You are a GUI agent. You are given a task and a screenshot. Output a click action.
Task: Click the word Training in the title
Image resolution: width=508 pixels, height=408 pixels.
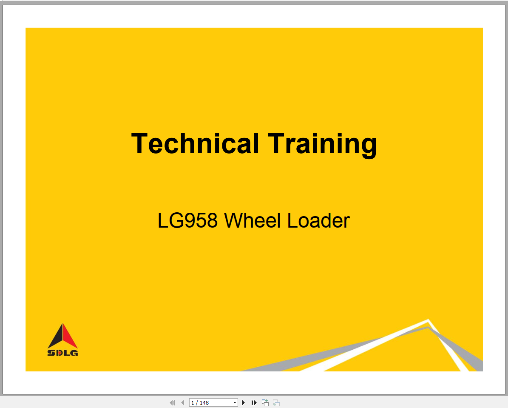coord(322,143)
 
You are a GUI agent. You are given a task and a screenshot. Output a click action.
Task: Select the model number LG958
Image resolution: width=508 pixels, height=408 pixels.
coord(187,221)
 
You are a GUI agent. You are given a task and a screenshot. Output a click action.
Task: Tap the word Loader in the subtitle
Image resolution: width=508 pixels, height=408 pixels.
coord(318,221)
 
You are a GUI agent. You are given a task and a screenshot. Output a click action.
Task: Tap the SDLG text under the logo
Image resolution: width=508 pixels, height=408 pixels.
coord(62,353)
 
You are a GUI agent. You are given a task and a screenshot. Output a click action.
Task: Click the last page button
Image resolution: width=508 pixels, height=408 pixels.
coord(254,402)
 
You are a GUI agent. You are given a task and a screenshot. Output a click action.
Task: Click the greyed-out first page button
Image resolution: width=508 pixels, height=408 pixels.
coord(172,402)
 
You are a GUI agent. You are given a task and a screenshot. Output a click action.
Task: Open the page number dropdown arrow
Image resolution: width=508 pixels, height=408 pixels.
coord(235,402)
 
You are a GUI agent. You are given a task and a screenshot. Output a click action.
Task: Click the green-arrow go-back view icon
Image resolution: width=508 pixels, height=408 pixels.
coord(265,402)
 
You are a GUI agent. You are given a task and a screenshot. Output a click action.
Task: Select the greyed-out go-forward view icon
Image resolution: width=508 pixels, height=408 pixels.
coord(276,402)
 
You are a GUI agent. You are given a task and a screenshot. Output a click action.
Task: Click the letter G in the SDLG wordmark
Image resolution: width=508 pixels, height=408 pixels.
coord(74,353)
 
